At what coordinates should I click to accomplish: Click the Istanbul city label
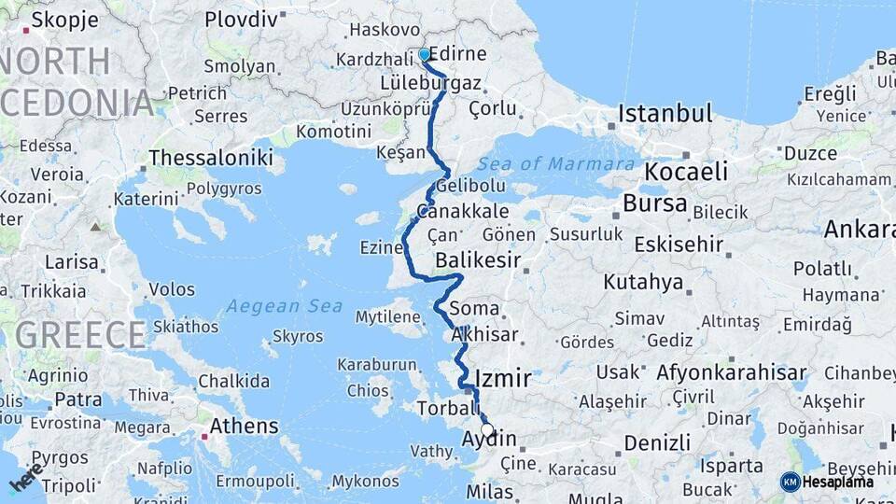tap(665, 115)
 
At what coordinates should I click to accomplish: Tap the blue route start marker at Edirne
tap(424, 54)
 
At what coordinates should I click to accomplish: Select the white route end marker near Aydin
tap(487, 430)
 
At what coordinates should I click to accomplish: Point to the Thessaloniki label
tap(211, 157)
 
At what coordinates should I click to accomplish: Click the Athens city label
tap(245, 427)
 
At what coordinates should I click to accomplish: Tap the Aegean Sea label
tap(284, 306)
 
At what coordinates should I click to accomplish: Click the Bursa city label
tap(655, 203)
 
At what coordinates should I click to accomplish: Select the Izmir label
tap(503, 379)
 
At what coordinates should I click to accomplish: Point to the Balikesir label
tap(478, 260)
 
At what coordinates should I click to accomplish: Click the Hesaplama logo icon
tap(791, 482)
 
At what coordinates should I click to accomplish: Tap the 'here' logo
tap(25, 477)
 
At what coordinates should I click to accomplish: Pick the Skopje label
tap(66, 21)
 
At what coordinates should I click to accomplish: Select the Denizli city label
tap(657, 441)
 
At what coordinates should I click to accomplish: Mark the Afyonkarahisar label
tap(731, 373)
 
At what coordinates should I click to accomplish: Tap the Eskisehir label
tap(679, 245)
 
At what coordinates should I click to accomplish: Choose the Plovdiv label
tap(241, 19)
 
